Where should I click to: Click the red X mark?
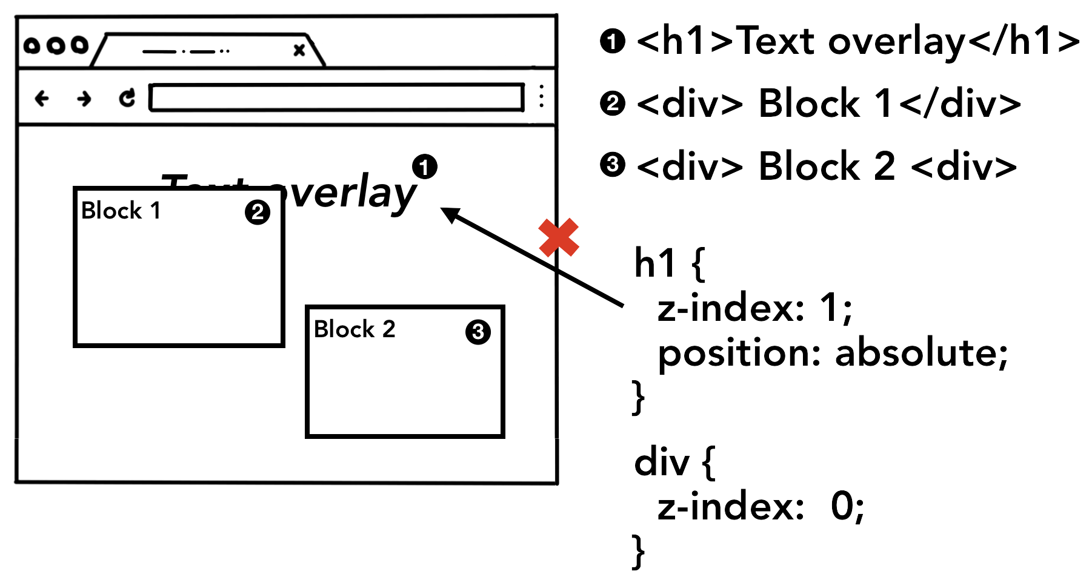[x=558, y=237]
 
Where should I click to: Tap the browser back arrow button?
[x=42, y=98]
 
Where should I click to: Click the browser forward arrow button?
[x=84, y=98]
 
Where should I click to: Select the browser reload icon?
[x=127, y=97]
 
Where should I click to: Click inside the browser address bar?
[x=336, y=97]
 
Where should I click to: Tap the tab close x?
[x=299, y=50]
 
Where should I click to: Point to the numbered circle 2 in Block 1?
[x=258, y=212]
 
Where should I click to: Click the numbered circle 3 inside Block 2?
[x=478, y=332]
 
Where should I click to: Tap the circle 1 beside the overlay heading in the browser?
[x=425, y=166]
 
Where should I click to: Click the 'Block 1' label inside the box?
[x=121, y=211]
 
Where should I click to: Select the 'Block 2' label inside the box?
[x=355, y=329]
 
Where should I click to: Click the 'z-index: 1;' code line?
[x=755, y=308]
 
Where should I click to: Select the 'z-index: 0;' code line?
[x=761, y=506]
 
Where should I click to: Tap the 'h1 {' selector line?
[x=670, y=264]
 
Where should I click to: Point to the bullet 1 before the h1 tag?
[x=612, y=42]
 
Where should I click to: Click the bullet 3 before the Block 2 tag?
[x=612, y=165]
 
